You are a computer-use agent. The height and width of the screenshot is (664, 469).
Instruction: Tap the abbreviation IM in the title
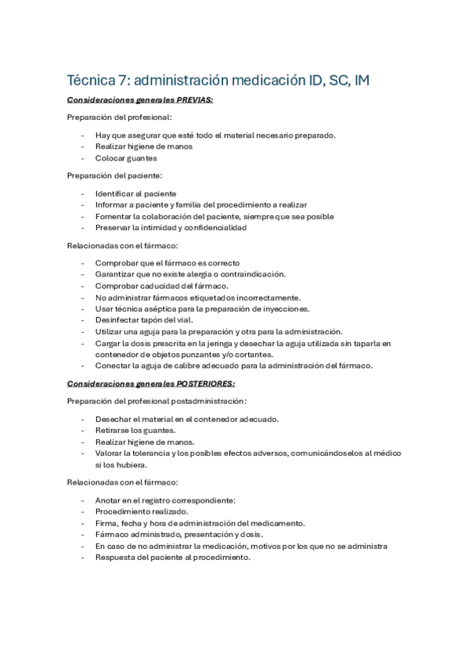pyautogui.click(x=363, y=80)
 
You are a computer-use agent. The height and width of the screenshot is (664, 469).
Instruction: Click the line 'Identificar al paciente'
pyautogui.click(x=135, y=193)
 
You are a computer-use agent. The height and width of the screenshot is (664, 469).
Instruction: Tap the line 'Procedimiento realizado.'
pyautogui.click(x=141, y=511)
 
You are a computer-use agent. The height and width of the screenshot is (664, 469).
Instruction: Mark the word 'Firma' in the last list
pyautogui.click(x=106, y=523)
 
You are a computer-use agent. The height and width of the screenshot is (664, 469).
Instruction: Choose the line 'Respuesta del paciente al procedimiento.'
pyautogui.click(x=172, y=558)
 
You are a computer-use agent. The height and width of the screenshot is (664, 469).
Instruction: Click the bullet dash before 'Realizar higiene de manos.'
pyautogui.click(x=83, y=442)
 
